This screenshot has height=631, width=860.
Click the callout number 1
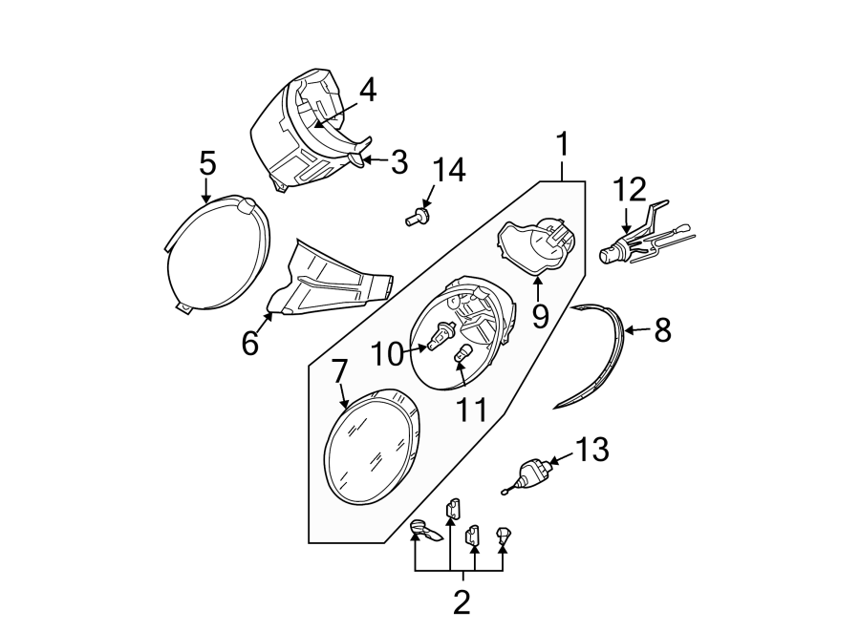pos(563,145)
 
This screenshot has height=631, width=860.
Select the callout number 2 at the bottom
pos(462,602)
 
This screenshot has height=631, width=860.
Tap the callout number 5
pos(206,163)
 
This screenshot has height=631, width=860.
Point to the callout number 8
pos(662,330)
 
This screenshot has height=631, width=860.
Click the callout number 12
pos(630,190)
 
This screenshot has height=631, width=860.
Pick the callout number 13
pos(592,450)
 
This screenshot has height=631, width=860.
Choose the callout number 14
pos(448,171)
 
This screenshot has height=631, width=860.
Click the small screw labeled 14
pos(417,219)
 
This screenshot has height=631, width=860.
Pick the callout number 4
pos(367,91)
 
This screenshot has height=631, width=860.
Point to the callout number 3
pos(398,162)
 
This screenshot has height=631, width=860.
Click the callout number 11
pos(471,410)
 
